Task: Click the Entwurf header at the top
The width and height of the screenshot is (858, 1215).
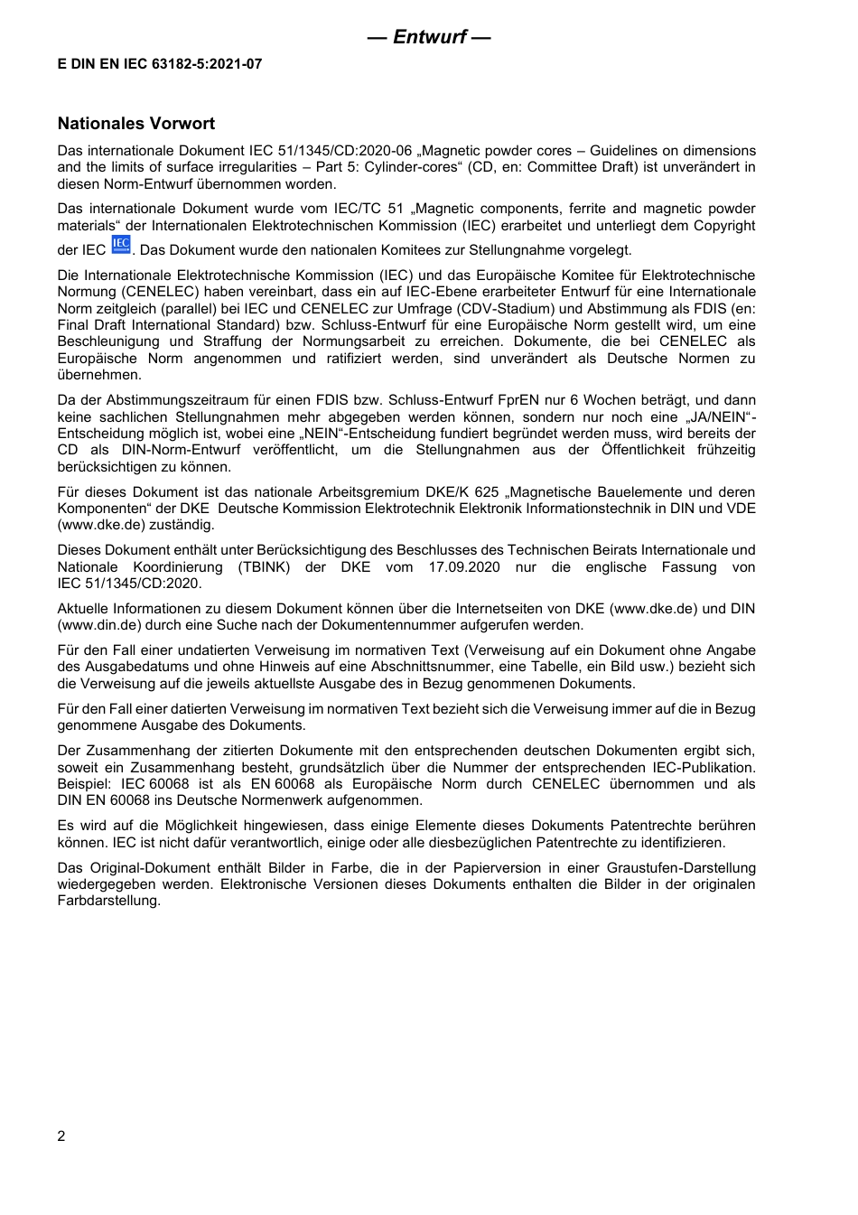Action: (429, 37)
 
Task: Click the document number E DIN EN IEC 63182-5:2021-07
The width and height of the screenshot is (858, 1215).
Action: (160, 64)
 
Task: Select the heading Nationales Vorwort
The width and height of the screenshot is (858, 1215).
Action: (136, 124)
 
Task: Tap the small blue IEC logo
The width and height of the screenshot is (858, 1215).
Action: (121, 245)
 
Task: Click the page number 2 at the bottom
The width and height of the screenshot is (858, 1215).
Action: (61, 1136)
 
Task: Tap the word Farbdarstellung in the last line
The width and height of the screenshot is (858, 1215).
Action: (108, 901)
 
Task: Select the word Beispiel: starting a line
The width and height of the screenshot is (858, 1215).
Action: (84, 784)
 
